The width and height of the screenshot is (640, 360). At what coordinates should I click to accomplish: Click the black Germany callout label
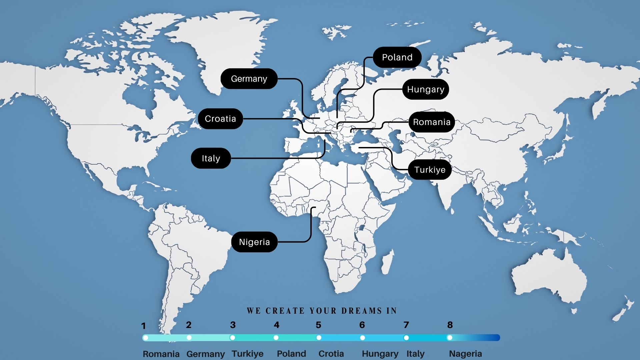click(249, 79)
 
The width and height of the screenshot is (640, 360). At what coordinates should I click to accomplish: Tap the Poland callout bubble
click(397, 57)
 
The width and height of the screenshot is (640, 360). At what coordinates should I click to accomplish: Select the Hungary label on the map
click(425, 89)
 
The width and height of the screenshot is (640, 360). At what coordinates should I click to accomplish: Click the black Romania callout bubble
click(432, 122)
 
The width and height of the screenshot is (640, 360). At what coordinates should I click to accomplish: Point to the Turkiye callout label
click(430, 170)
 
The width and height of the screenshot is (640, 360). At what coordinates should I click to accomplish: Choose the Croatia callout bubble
click(220, 119)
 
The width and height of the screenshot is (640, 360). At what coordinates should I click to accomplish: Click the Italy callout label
click(211, 158)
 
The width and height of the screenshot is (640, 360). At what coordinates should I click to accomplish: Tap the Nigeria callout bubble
click(254, 242)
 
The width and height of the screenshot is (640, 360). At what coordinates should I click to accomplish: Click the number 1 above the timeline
click(144, 326)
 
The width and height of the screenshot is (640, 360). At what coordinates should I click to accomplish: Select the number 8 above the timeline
click(450, 325)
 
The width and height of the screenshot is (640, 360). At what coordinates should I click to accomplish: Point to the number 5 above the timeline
click(318, 325)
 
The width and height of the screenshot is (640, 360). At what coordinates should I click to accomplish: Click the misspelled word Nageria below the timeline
click(465, 354)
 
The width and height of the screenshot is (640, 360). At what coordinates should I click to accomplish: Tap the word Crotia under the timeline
click(331, 354)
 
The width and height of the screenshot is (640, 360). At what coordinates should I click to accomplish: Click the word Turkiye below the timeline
click(248, 354)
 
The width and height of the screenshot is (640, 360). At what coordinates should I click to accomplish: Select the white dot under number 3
click(232, 338)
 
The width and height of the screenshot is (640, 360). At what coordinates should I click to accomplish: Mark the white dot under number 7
click(406, 338)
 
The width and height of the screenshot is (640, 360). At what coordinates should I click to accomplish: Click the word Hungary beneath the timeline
click(380, 354)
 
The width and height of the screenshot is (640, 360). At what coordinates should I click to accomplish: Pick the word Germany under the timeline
click(205, 354)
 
